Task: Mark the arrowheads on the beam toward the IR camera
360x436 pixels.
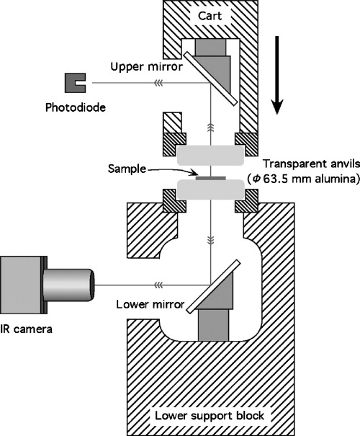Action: point(152,283)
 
